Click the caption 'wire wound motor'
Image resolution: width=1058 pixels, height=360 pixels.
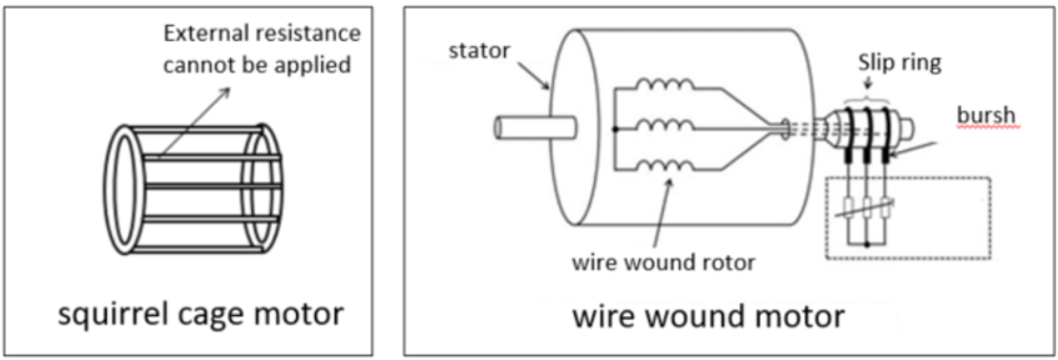click(x=708, y=316)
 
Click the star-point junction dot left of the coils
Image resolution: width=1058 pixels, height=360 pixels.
click(x=615, y=127)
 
